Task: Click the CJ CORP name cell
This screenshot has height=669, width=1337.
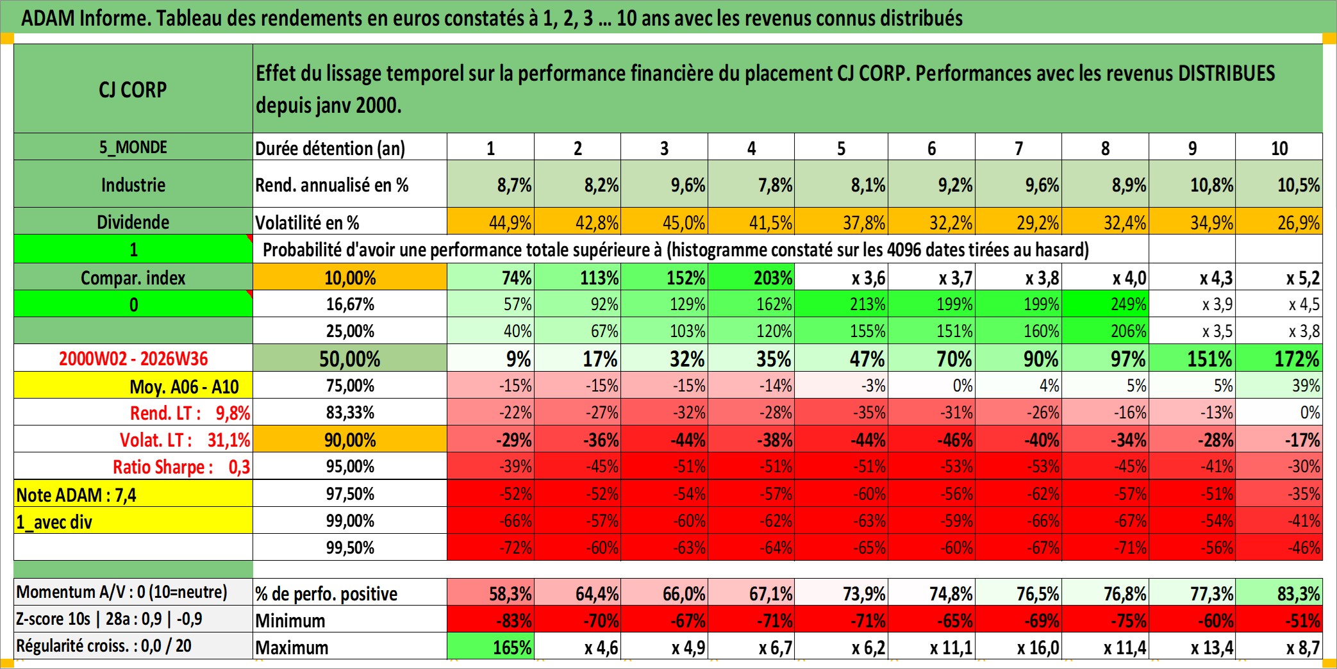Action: pos(133,88)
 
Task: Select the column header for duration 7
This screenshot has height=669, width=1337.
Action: pos(1018,147)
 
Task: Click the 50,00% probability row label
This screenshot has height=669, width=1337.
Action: pos(350,358)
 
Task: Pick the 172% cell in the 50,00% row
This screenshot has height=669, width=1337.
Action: pos(1279,358)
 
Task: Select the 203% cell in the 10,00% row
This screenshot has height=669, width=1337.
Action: pos(751,277)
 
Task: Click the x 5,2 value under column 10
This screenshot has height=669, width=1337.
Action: pos(1279,277)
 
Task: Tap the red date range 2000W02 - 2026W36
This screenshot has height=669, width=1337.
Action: pos(133,358)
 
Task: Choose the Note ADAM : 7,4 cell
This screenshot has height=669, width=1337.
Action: pos(133,494)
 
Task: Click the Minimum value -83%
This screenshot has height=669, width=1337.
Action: pos(490,620)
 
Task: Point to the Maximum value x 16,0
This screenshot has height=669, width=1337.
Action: pos(1018,647)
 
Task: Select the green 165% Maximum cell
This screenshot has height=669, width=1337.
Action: pos(490,647)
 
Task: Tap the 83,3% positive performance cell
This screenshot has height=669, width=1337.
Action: pos(1279,593)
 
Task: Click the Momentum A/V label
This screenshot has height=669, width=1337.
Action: pos(122,592)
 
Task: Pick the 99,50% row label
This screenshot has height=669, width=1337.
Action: pos(350,547)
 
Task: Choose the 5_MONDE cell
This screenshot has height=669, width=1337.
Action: pos(133,147)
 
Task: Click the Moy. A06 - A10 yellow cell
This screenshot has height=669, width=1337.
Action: pos(133,386)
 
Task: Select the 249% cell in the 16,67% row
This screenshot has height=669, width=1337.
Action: pos(1105,304)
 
